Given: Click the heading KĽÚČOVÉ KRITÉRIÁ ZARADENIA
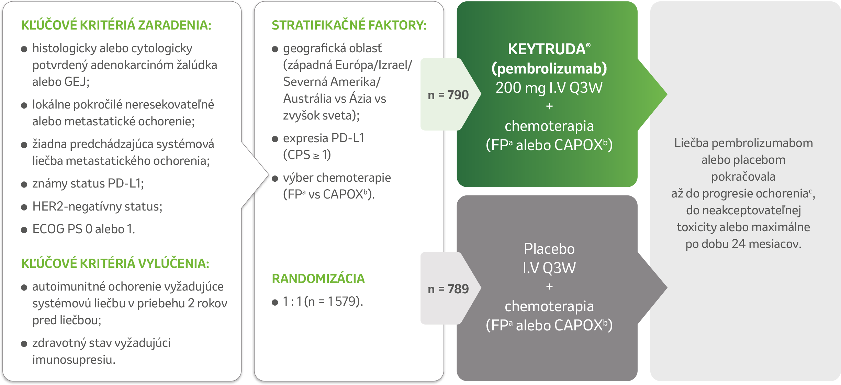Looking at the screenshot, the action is click(x=116, y=25).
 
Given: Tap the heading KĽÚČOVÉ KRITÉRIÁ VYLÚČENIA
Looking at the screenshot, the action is click(x=115, y=263).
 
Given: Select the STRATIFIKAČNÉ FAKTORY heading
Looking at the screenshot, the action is click(x=349, y=25).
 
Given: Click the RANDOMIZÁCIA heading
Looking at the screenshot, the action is click(x=318, y=279).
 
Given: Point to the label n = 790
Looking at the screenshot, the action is click(x=448, y=95).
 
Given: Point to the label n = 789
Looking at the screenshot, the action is click(x=448, y=289).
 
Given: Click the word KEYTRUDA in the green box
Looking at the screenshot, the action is click(x=547, y=49).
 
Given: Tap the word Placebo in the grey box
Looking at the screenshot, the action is click(x=549, y=249).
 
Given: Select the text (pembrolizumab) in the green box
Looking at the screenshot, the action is click(x=549, y=69).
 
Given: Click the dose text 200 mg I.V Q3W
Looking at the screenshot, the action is click(x=549, y=88).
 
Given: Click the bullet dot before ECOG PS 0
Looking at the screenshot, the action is click(x=24, y=230).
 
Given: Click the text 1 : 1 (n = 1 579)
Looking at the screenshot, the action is click(x=323, y=301).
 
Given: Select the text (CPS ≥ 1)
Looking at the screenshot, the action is click(x=307, y=155).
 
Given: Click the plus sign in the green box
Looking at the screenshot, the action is click(x=549, y=106).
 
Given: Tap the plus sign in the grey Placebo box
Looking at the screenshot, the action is click(x=549, y=286).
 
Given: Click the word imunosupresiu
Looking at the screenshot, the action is click(x=74, y=360).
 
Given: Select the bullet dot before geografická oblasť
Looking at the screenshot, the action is click(x=275, y=49).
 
